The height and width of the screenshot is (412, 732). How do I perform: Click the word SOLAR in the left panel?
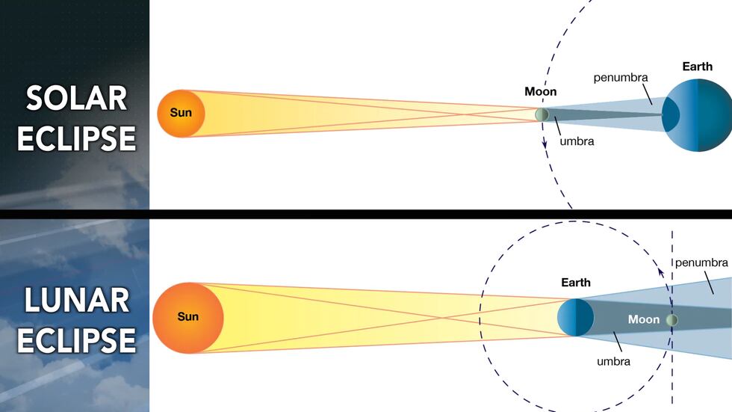(x=77, y=98)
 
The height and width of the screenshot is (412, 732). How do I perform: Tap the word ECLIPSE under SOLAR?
(x=77, y=138)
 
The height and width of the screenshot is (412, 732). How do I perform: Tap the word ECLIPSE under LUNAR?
(x=77, y=340)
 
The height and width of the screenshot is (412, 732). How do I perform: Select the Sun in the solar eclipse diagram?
(x=181, y=114)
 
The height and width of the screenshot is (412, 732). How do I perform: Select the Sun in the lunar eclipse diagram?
(x=187, y=317)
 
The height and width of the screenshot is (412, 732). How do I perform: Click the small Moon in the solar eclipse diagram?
(x=541, y=114)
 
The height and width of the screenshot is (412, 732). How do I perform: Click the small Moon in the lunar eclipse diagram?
(x=672, y=320)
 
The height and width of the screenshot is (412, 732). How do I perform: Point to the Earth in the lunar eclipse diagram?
(x=576, y=317)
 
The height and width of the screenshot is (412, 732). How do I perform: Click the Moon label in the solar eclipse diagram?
(x=541, y=92)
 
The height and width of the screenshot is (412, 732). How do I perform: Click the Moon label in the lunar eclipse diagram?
(x=643, y=319)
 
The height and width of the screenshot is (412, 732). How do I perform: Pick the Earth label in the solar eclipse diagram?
(x=697, y=67)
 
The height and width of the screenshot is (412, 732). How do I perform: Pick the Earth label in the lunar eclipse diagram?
(x=575, y=283)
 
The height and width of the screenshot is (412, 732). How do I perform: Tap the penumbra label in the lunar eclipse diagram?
(x=701, y=262)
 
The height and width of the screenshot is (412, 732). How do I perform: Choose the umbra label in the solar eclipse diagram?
(x=576, y=141)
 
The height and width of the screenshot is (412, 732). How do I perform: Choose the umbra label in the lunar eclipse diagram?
(x=613, y=361)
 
